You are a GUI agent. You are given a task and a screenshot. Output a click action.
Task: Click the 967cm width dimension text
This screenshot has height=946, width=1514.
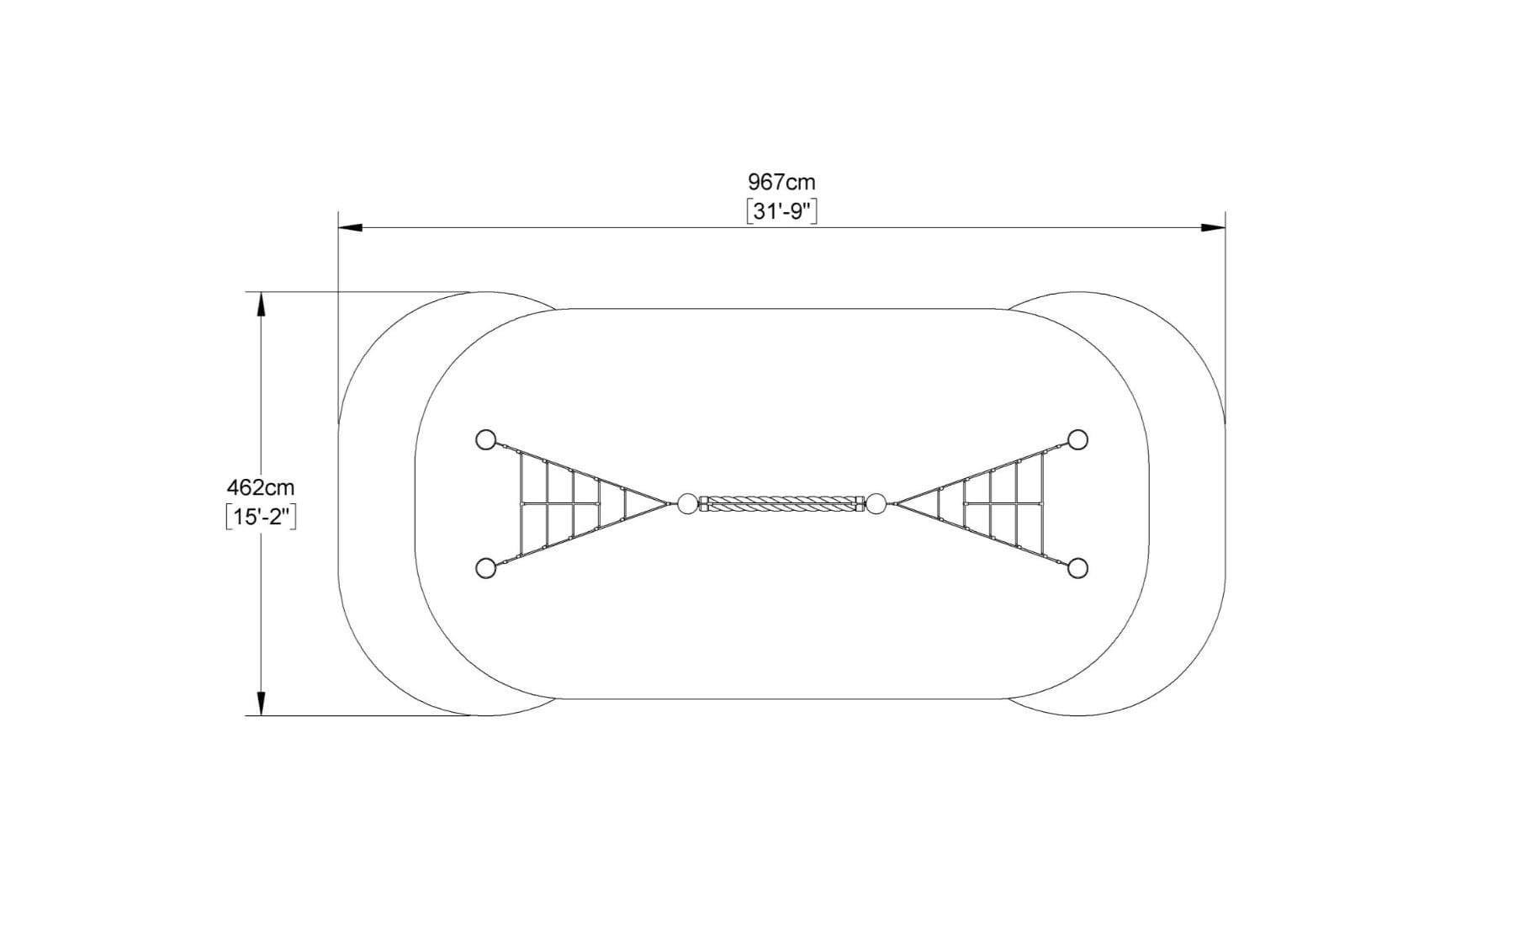click(781, 182)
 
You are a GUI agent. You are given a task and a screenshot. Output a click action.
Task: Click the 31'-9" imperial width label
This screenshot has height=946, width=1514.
click(781, 211)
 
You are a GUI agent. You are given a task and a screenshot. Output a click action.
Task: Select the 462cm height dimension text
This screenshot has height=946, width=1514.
click(261, 487)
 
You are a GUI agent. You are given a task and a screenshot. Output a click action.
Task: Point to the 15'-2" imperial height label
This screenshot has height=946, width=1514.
click(261, 516)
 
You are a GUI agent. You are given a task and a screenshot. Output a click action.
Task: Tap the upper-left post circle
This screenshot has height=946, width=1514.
click(485, 439)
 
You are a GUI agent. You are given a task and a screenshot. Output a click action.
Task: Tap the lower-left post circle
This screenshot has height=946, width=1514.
click(485, 568)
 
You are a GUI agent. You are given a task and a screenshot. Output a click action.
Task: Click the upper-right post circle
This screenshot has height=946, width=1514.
click(1077, 439)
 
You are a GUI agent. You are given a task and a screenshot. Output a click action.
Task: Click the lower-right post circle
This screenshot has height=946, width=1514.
click(1077, 568)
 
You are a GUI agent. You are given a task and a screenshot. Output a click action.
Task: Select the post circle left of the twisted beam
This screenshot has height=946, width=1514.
click(687, 504)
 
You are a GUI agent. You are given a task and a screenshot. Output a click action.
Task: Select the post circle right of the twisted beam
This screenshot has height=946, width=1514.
click(876, 504)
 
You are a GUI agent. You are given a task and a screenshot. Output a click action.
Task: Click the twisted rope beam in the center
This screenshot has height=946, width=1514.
click(781, 504)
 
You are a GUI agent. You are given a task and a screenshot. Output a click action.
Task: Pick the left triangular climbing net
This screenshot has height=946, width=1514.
click(572, 504)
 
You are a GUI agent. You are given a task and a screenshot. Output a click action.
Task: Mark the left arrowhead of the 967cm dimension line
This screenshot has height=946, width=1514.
click(350, 227)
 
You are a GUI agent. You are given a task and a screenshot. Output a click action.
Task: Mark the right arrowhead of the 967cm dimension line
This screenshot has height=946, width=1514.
click(1214, 227)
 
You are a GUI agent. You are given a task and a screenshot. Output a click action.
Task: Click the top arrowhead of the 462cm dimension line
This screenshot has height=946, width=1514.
click(261, 304)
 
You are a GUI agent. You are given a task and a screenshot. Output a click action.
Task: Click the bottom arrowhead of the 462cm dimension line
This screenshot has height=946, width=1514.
click(261, 704)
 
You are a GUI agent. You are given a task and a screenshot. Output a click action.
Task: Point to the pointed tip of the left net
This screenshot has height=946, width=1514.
click(668, 504)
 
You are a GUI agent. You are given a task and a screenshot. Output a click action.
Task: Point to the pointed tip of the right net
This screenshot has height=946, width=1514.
click(896, 504)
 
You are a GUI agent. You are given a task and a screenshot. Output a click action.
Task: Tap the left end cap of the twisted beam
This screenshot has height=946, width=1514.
click(704, 504)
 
